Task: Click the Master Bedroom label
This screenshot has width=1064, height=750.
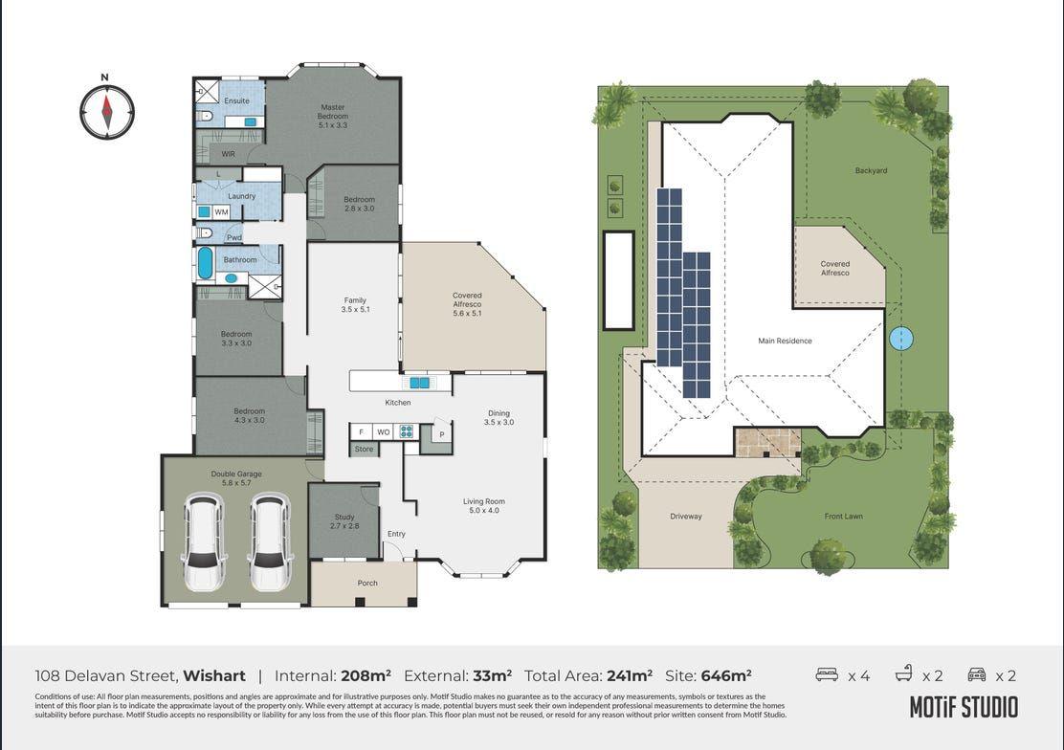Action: (x=332, y=112)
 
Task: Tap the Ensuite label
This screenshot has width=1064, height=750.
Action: (x=236, y=100)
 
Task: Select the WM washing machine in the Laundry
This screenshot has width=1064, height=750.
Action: (x=221, y=212)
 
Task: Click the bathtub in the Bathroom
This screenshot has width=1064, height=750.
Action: (x=205, y=262)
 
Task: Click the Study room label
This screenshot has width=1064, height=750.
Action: (x=344, y=521)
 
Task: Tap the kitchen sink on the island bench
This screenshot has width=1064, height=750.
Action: (x=419, y=383)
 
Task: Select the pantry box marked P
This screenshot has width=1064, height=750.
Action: (x=441, y=435)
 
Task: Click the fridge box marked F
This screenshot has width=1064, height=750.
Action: (x=361, y=431)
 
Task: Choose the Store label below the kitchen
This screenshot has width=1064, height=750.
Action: (x=364, y=449)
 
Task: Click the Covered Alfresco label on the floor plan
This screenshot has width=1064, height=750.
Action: (x=467, y=299)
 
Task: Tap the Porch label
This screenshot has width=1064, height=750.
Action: (x=367, y=583)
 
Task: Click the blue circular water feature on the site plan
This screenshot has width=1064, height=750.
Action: (x=900, y=338)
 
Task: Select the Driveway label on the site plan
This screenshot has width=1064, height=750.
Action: (x=685, y=517)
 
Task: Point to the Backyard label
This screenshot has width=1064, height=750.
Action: (x=871, y=171)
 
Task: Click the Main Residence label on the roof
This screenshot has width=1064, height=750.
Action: (x=785, y=341)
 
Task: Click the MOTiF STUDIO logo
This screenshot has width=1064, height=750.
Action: (x=963, y=707)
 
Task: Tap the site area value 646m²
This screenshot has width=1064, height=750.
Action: (x=725, y=675)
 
